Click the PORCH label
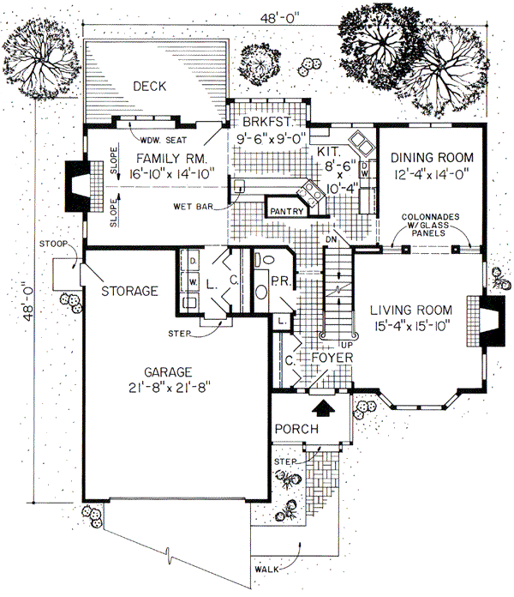click(296, 429)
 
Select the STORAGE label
click(128, 291)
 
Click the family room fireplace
click(79, 184)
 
